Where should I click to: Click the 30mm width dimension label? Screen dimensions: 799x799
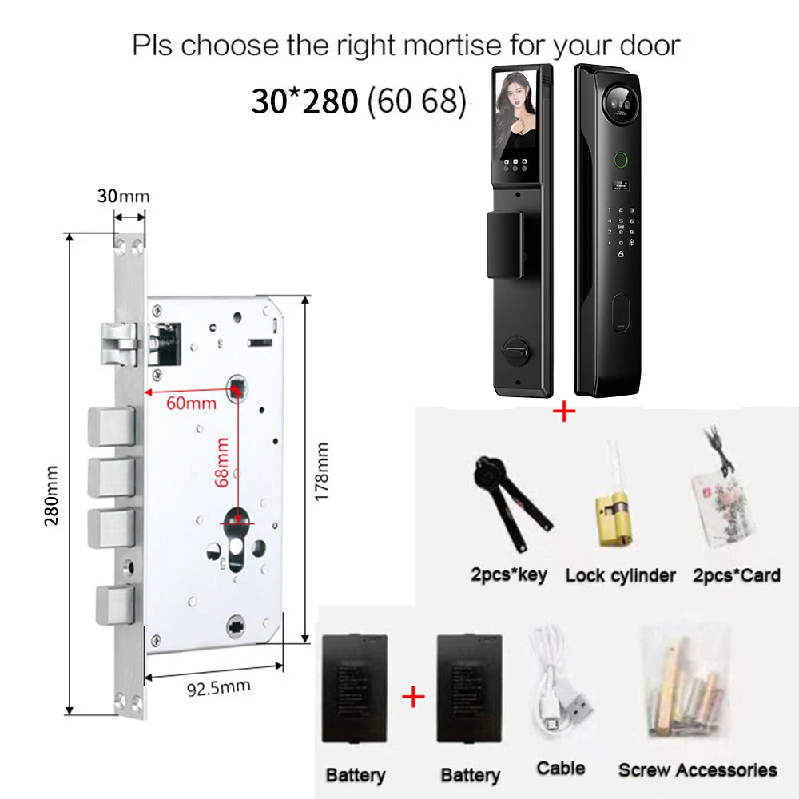[x=123, y=196]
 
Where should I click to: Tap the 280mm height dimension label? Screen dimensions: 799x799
[x=51, y=495]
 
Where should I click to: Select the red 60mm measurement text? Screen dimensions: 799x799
[x=191, y=403]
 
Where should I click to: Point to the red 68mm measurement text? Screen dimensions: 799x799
[x=221, y=462]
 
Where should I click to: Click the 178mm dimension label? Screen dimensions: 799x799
[x=321, y=471]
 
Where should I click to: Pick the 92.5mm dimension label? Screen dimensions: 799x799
[x=219, y=687]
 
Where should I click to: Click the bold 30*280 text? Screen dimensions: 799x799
[x=304, y=101]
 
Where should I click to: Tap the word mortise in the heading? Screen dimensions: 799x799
[x=452, y=45]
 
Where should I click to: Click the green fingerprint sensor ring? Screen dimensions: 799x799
[x=620, y=160]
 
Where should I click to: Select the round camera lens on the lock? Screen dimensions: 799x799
[x=620, y=101]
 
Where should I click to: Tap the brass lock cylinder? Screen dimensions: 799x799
[x=615, y=519]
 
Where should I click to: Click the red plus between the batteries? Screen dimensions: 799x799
[x=413, y=697]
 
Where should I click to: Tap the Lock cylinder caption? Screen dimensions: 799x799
[x=621, y=576]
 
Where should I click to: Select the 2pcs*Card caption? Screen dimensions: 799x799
[x=737, y=575]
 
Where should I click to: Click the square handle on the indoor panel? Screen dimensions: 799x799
[x=504, y=245]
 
